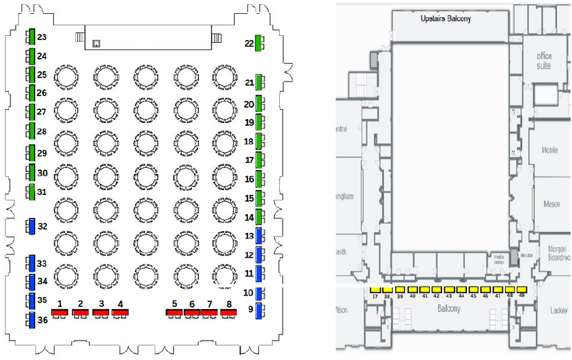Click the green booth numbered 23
click(32, 37)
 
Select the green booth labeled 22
click(258, 44)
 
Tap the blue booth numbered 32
click(31, 226)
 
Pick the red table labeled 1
click(61, 312)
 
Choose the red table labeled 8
click(229, 312)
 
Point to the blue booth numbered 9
click(260, 310)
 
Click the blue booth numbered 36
click(31, 320)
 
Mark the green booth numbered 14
click(260, 217)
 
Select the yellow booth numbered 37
click(375, 289)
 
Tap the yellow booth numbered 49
click(522, 289)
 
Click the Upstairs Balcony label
click(446, 19)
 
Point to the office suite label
click(544, 61)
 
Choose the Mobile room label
click(550, 150)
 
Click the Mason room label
click(552, 204)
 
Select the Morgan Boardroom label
click(557, 253)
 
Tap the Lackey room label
click(559, 311)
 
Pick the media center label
click(499, 260)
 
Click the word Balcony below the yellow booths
click(448, 309)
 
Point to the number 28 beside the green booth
click(41, 131)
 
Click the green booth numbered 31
click(31, 191)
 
